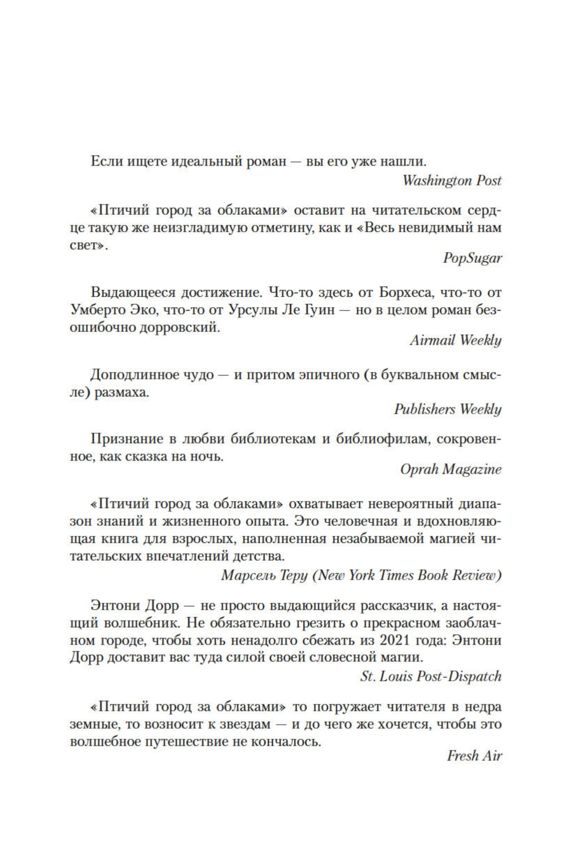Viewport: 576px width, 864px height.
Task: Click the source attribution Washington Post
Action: point(451,181)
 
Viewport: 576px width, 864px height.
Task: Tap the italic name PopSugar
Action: point(472,258)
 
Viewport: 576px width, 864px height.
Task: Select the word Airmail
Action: point(433,340)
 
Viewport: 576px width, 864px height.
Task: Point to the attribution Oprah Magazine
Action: point(450,469)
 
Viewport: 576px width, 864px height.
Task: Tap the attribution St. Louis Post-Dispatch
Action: point(430,676)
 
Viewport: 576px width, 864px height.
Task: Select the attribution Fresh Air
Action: point(474,756)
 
